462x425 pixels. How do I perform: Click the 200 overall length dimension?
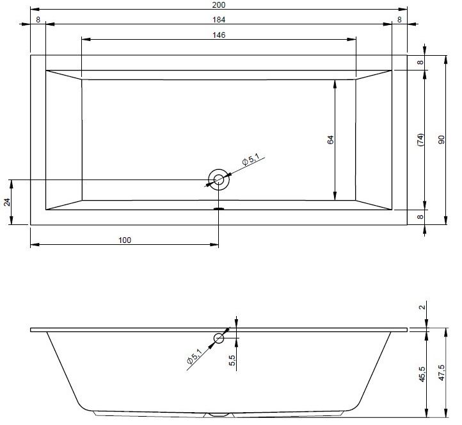[x=219, y=4]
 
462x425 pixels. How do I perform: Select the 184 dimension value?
[x=219, y=19]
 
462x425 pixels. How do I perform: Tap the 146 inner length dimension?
[x=219, y=35]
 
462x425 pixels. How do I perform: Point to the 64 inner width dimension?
[x=331, y=140]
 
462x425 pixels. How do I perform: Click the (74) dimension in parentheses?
[x=420, y=140]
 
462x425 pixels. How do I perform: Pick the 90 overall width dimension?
[x=442, y=140]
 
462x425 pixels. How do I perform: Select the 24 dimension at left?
[x=7, y=202]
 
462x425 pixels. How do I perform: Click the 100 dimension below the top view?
[x=125, y=240]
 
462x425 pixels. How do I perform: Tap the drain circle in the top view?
[x=219, y=179]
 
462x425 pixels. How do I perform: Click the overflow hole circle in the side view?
[x=219, y=338]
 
